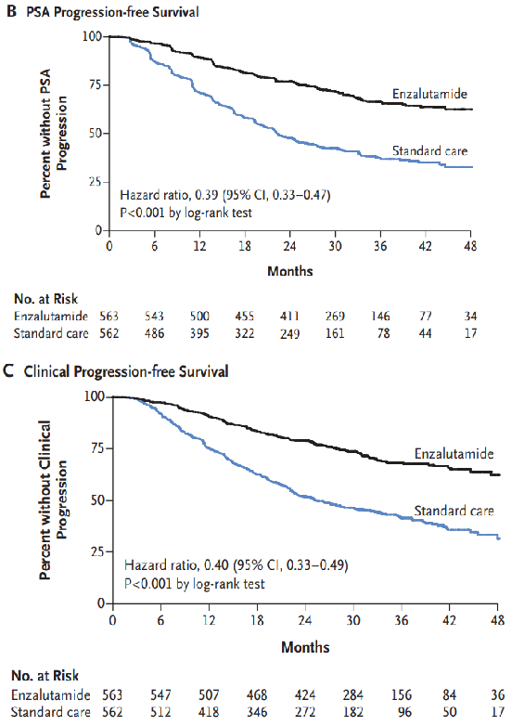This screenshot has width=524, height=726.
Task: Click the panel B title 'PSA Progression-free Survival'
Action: (112, 12)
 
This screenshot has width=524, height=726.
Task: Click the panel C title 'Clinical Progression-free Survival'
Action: (126, 371)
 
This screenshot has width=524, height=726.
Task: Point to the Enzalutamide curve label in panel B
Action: (429, 94)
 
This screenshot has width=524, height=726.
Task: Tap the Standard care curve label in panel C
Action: (454, 511)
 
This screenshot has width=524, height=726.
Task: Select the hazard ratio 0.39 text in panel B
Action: (224, 195)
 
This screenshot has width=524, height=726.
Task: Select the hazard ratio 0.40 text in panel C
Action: (236, 565)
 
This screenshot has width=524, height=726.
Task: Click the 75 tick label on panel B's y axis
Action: (95, 84)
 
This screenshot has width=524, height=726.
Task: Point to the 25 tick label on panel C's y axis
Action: (97, 551)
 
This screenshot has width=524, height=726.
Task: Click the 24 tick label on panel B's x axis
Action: (289, 245)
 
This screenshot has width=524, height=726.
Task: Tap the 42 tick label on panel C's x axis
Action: (450, 620)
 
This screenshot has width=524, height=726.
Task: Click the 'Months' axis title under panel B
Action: (290, 271)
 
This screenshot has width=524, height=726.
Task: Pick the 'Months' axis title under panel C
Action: (305, 647)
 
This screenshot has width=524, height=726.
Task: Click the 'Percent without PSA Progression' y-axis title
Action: (53, 134)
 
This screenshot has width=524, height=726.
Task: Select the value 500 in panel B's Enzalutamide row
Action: (199, 317)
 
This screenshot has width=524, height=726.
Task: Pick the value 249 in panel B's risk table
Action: (289, 333)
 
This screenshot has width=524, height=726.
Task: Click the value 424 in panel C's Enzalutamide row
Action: (305, 695)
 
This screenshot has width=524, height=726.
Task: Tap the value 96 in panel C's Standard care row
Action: (404, 712)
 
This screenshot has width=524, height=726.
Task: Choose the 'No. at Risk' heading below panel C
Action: (45, 676)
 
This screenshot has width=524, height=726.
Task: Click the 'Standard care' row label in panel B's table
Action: (51, 333)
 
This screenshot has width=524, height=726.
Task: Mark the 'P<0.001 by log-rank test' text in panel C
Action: (194, 584)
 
